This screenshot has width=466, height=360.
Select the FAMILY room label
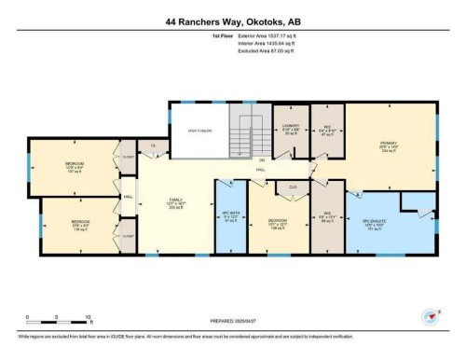pos(174,202)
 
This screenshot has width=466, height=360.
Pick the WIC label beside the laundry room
pos(328,130)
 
